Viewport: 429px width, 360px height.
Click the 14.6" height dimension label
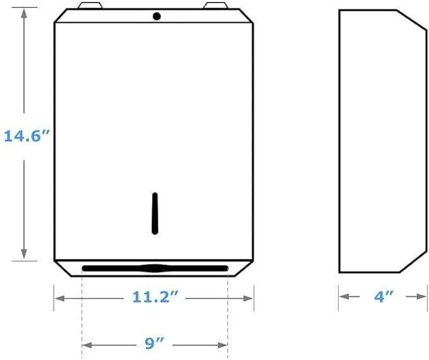pyautogui.click(x=27, y=136)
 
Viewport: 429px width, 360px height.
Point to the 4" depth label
pyautogui.click(x=382, y=296)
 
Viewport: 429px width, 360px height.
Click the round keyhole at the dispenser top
pyautogui.click(x=157, y=16)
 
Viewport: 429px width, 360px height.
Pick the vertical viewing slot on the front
pyautogui.click(x=155, y=213)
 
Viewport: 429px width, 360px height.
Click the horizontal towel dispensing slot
pyautogui.click(x=155, y=268)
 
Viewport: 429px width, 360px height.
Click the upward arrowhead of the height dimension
pyautogui.click(x=24, y=13)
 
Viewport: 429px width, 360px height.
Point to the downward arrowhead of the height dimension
pyautogui.click(x=24, y=254)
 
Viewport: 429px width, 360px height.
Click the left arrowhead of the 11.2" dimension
pyautogui.click(x=58, y=296)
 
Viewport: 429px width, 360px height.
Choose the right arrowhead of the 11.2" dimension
pyautogui.click(x=249, y=296)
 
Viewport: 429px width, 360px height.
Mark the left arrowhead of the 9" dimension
pyautogui.click(x=87, y=345)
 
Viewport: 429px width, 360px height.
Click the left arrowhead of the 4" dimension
pyautogui.click(x=343, y=296)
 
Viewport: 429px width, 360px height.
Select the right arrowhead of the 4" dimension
pyautogui.click(x=421, y=296)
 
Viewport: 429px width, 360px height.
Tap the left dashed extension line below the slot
pyautogui.click(x=82, y=309)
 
